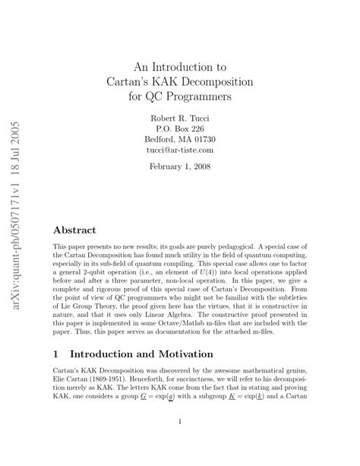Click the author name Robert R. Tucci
click(x=180, y=118)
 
